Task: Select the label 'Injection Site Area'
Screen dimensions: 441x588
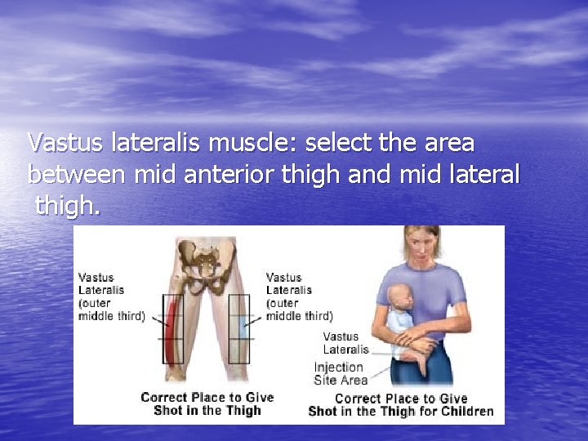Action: pos(341,373)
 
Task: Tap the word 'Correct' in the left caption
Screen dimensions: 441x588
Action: pos(163,397)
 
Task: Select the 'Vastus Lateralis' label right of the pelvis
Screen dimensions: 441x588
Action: pos(299,296)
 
